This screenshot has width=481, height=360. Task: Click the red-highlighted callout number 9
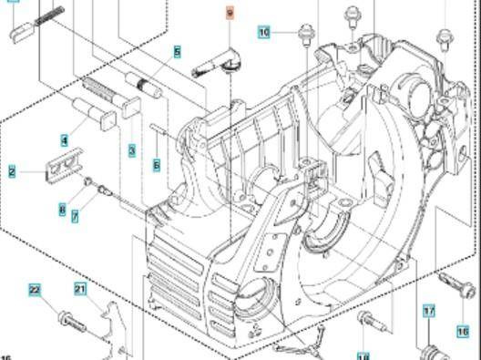(230, 14)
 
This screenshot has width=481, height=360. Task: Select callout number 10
(264, 32)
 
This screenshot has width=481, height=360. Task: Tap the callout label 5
(177, 53)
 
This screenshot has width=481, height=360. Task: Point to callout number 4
(65, 140)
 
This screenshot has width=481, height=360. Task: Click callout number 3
(132, 149)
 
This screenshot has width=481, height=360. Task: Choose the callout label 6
(157, 165)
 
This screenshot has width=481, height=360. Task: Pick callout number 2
(12, 170)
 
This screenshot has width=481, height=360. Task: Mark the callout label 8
(62, 211)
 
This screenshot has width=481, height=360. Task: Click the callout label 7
(75, 216)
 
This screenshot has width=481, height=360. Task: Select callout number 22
(35, 290)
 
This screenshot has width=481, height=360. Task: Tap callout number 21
(80, 290)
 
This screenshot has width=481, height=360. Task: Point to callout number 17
(429, 311)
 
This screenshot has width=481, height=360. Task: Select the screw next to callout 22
(71, 320)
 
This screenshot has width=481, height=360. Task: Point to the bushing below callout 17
(432, 352)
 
